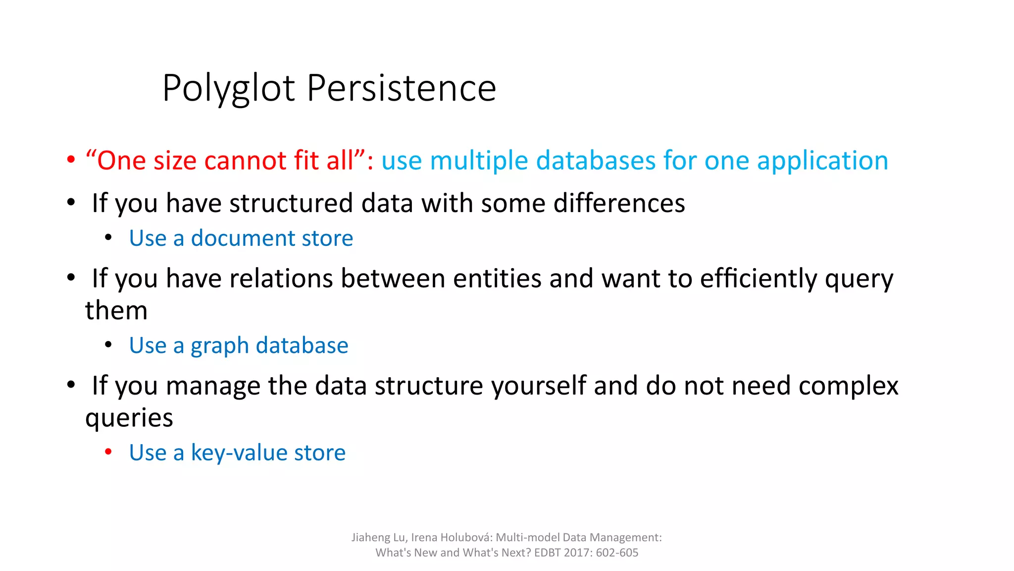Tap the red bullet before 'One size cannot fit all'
[71, 160]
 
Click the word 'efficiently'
[759, 279]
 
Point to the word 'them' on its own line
[116, 311]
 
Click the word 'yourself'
[539, 386]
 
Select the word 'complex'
[848, 386]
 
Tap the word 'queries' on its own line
[129, 418]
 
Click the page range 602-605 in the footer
[617, 553]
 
